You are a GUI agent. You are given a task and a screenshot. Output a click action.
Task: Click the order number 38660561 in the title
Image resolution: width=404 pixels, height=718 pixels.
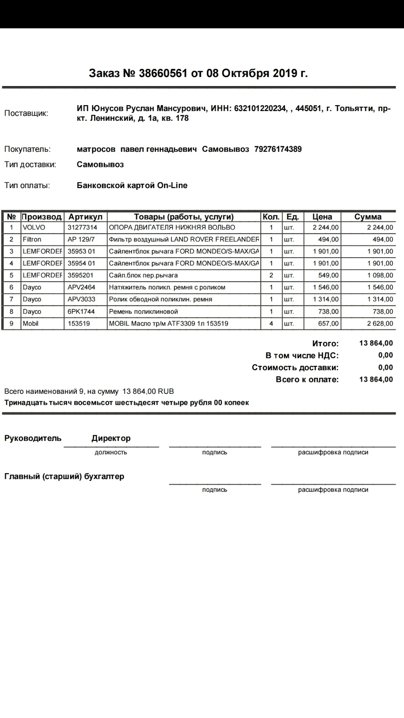[162, 73]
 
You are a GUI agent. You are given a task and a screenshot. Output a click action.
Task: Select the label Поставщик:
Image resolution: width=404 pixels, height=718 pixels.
[26, 113]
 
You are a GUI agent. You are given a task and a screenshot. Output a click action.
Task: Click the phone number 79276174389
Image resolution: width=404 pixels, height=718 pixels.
[278, 149]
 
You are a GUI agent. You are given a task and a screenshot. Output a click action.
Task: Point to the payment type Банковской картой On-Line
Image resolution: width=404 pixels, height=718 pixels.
[132, 185]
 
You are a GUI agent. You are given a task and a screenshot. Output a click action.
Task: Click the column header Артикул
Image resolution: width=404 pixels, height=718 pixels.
[85, 217]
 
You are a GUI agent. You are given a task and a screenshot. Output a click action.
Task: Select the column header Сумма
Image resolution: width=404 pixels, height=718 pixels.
[367, 217]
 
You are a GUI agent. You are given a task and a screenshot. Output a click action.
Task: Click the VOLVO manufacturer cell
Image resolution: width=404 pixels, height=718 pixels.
[34, 228]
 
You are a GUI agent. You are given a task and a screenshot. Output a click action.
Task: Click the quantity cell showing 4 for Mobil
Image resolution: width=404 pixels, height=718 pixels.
[271, 323]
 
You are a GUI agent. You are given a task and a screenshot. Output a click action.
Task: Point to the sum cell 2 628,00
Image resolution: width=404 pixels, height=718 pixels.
[380, 323]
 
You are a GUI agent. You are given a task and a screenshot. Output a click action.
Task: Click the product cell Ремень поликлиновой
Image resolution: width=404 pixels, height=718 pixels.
[143, 312]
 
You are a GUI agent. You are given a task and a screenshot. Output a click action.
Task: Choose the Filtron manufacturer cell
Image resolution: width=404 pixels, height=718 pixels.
[32, 239]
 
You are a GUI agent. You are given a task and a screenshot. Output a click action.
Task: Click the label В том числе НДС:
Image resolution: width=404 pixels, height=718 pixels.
[302, 355]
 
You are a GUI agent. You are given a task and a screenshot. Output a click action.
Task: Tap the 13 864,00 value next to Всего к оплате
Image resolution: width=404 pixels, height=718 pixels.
[376, 379]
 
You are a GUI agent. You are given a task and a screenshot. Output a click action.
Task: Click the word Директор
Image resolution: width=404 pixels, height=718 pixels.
[111, 438]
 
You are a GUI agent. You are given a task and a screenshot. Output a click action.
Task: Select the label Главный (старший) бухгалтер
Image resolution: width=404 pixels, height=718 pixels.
[64, 477]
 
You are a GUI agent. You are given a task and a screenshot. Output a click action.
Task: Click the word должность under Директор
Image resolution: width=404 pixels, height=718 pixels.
[111, 453]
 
